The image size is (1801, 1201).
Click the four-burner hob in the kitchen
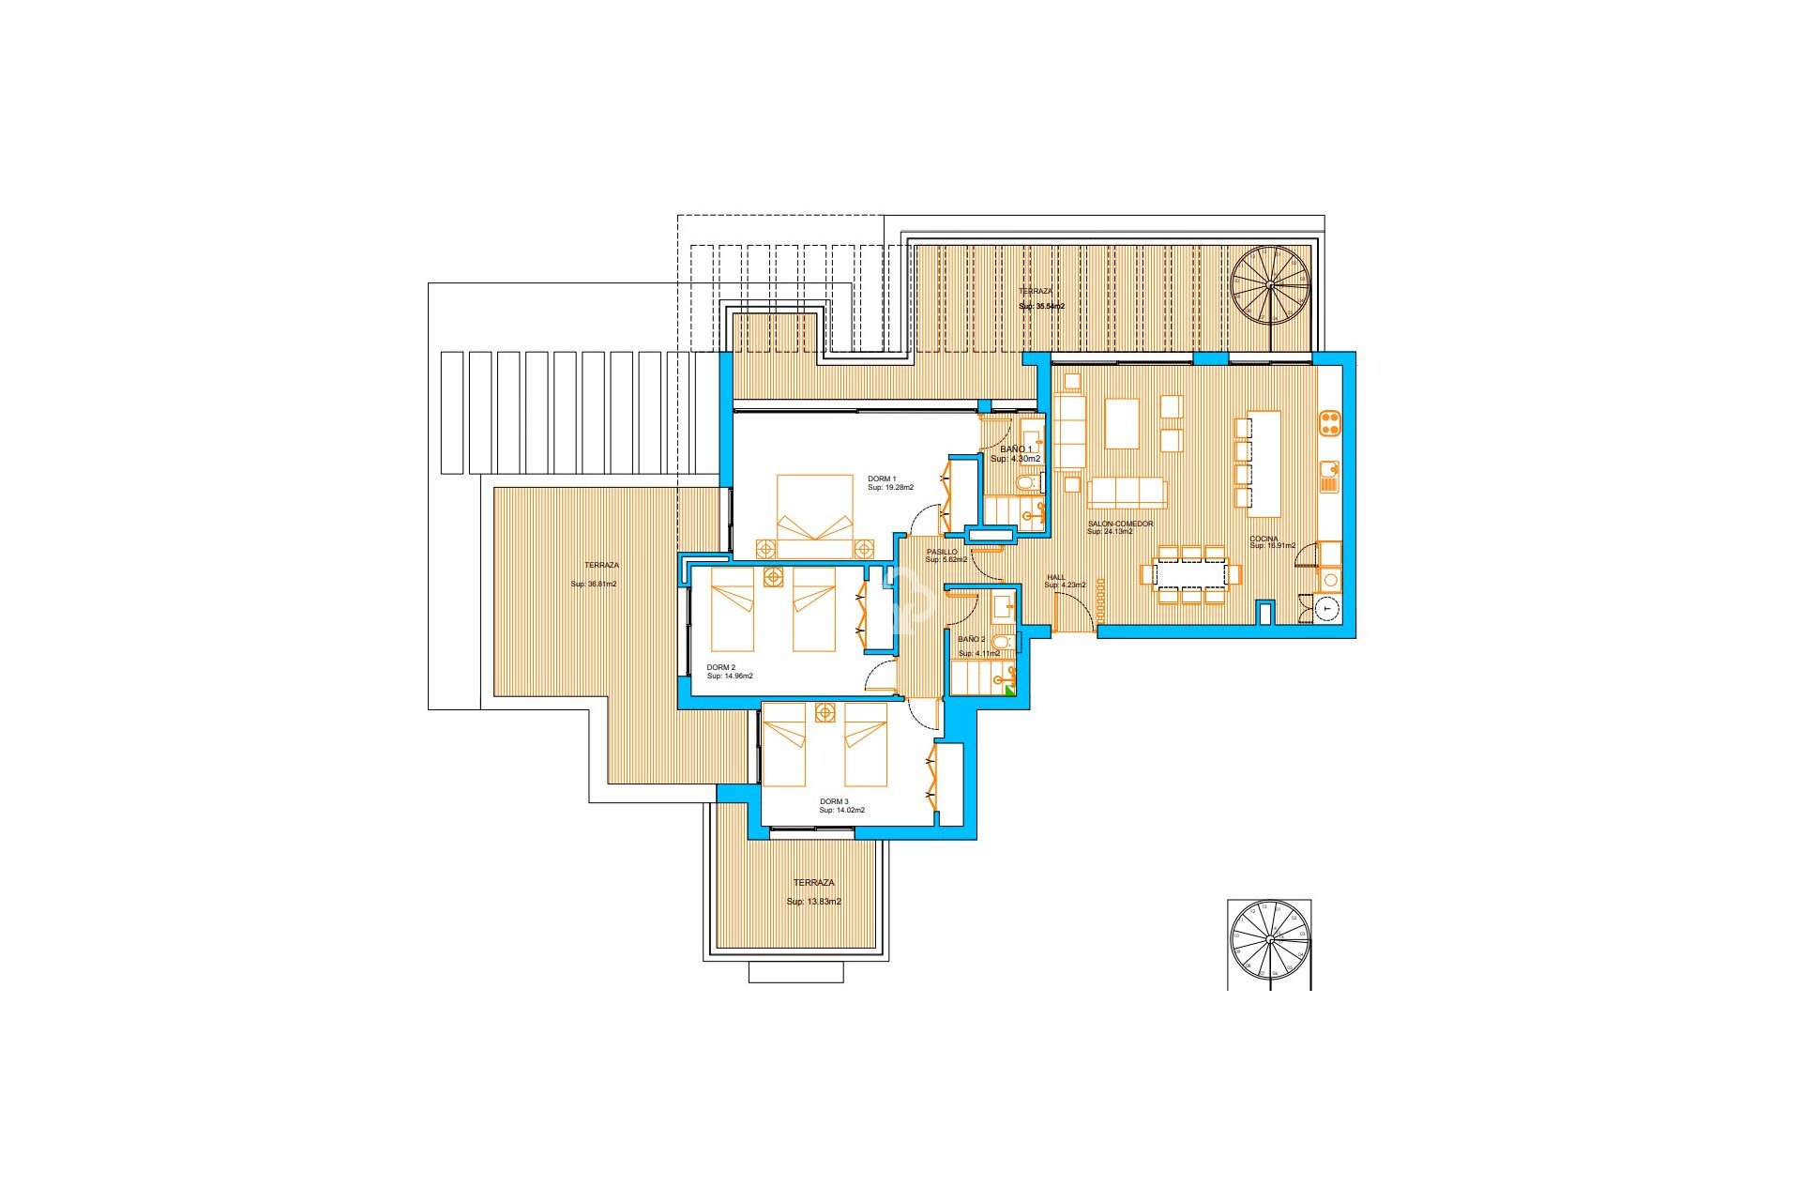coord(1329,423)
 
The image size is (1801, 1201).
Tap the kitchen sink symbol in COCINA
coord(1329,478)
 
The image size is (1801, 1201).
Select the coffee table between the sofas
coord(1122,424)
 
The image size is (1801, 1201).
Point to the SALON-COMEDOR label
coord(1120,524)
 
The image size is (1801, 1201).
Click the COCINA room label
coord(1264,540)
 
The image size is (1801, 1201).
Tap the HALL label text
coord(1056,578)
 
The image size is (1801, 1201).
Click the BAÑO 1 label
coord(1015,449)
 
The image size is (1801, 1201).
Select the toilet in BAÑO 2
coord(1002,643)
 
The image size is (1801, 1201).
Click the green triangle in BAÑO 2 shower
coord(1010,691)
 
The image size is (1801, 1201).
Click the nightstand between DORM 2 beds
coord(773,578)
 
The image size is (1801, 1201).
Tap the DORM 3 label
coord(834,802)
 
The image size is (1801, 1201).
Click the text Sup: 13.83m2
coord(813,902)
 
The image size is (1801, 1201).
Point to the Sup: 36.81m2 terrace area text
coord(594,585)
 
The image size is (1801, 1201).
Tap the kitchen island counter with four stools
coord(1264,464)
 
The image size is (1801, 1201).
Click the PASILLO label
coord(942,553)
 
